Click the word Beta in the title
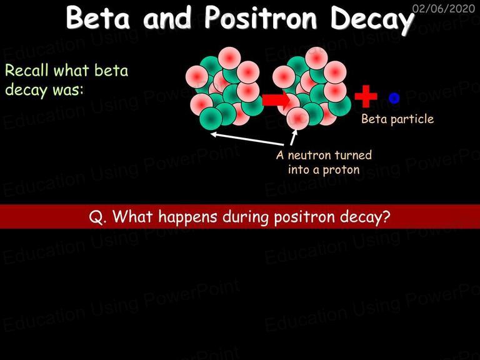click(x=98, y=17)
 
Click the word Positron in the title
click(x=261, y=17)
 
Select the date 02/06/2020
click(x=444, y=8)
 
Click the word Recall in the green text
click(x=27, y=71)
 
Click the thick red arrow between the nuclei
click(x=276, y=99)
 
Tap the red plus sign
click(x=366, y=96)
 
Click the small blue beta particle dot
click(x=394, y=98)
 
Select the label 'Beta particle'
click(x=397, y=119)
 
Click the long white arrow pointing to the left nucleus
click(x=247, y=139)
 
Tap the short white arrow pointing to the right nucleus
click(x=294, y=137)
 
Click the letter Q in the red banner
click(x=95, y=217)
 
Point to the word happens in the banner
click(x=187, y=217)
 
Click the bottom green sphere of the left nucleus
click(x=211, y=119)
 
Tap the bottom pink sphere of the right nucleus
click(x=298, y=119)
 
